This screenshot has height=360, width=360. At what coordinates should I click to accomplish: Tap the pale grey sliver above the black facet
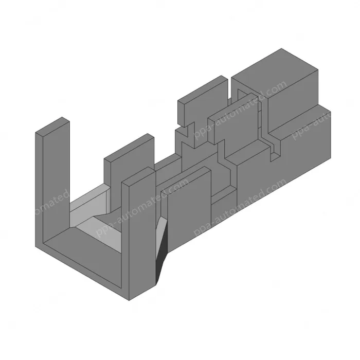click(163, 226)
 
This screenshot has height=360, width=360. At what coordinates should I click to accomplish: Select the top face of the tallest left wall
click(52, 126)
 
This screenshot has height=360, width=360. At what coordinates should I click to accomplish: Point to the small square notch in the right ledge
click(274, 149)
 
